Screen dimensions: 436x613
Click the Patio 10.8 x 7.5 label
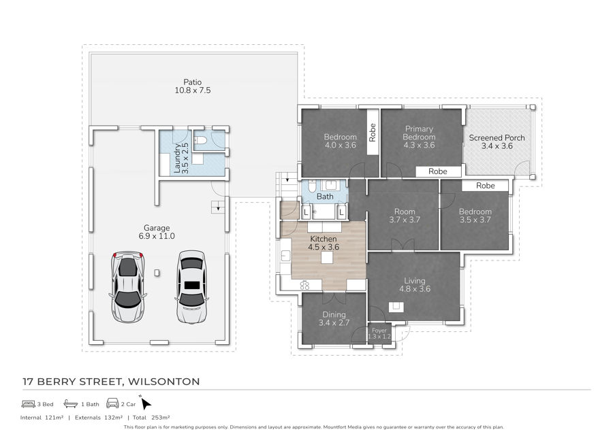click(191, 86)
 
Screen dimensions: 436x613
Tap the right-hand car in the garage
click(191, 286)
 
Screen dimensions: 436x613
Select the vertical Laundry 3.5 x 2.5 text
click(180, 158)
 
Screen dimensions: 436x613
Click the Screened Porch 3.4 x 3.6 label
click(497, 141)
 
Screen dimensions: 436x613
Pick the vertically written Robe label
click(373, 131)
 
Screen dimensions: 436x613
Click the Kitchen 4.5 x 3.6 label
click(324, 244)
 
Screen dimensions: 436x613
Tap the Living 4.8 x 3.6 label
click(414, 284)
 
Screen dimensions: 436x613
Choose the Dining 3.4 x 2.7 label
click(332, 318)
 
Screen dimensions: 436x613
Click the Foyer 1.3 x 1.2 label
click(379, 333)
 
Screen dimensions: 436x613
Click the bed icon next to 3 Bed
click(29, 404)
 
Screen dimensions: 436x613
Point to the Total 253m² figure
click(151, 417)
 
